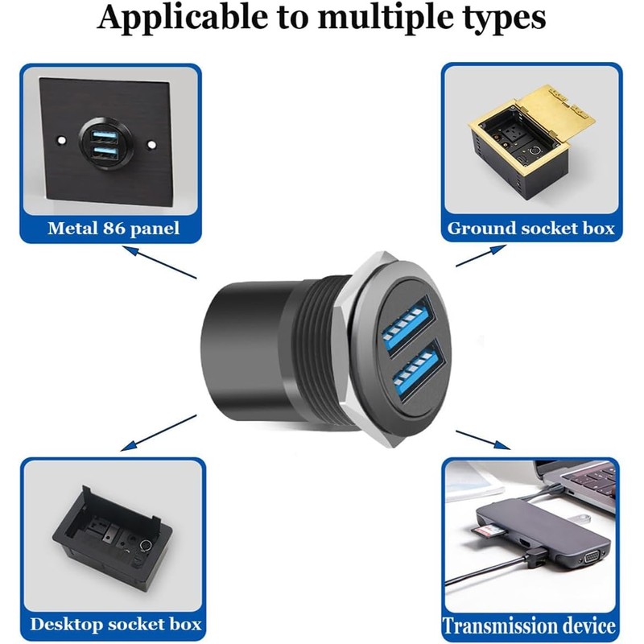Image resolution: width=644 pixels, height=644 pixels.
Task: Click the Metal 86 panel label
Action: [x=113, y=229]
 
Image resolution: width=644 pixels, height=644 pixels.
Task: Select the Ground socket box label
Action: [x=530, y=229]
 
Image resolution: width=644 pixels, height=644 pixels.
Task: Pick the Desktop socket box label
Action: [x=115, y=624]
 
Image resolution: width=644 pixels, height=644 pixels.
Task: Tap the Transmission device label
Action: [x=530, y=625]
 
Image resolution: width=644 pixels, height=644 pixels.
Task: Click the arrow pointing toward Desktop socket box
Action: [x=158, y=430]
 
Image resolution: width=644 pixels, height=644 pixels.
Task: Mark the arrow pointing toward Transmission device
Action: [x=482, y=439]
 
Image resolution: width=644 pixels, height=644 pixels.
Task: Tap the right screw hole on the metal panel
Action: [x=151, y=145]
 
